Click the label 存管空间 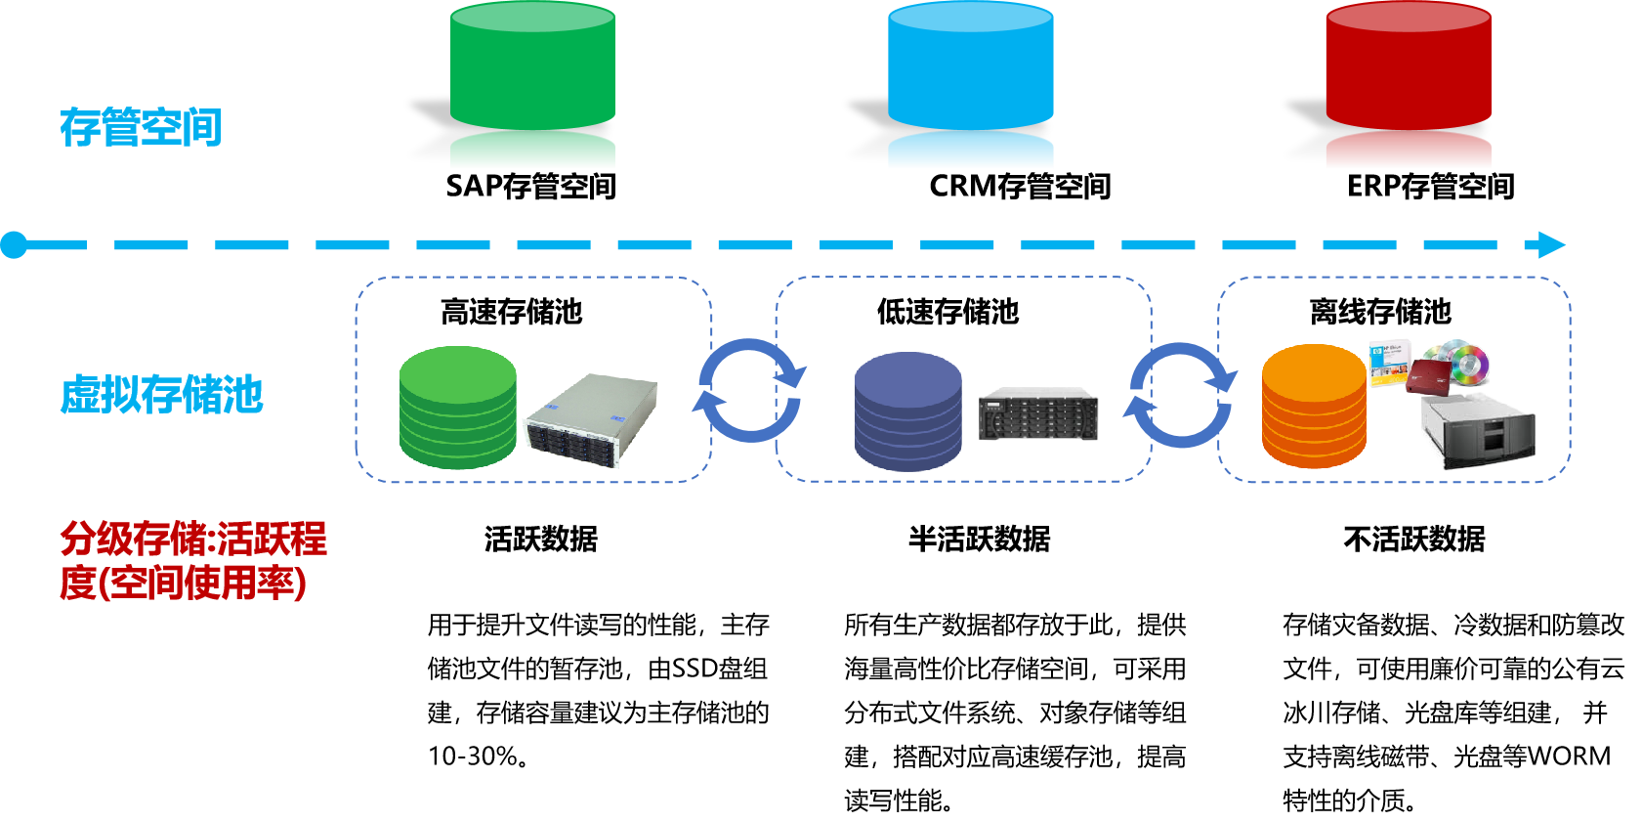pyautogui.click(x=141, y=128)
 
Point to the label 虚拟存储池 pyautogui.click(x=161, y=395)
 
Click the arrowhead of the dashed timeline pyautogui.click(x=1551, y=244)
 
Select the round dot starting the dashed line pyautogui.click(x=14, y=244)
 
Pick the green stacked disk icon pyautogui.click(x=457, y=408)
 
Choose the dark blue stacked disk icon pyautogui.click(x=907, y=411)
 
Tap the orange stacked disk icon pyautogui.click(x=1314, y=407)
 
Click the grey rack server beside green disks pyautogui.click(x=591, y=420)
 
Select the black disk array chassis pyautogui.click(x=1038, y=414)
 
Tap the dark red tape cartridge pyautogui.click(x=1427, y=375)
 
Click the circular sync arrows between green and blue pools pyautogui.click(x=749, y=390)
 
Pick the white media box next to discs pyautogui.click(x=1389, y=363)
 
